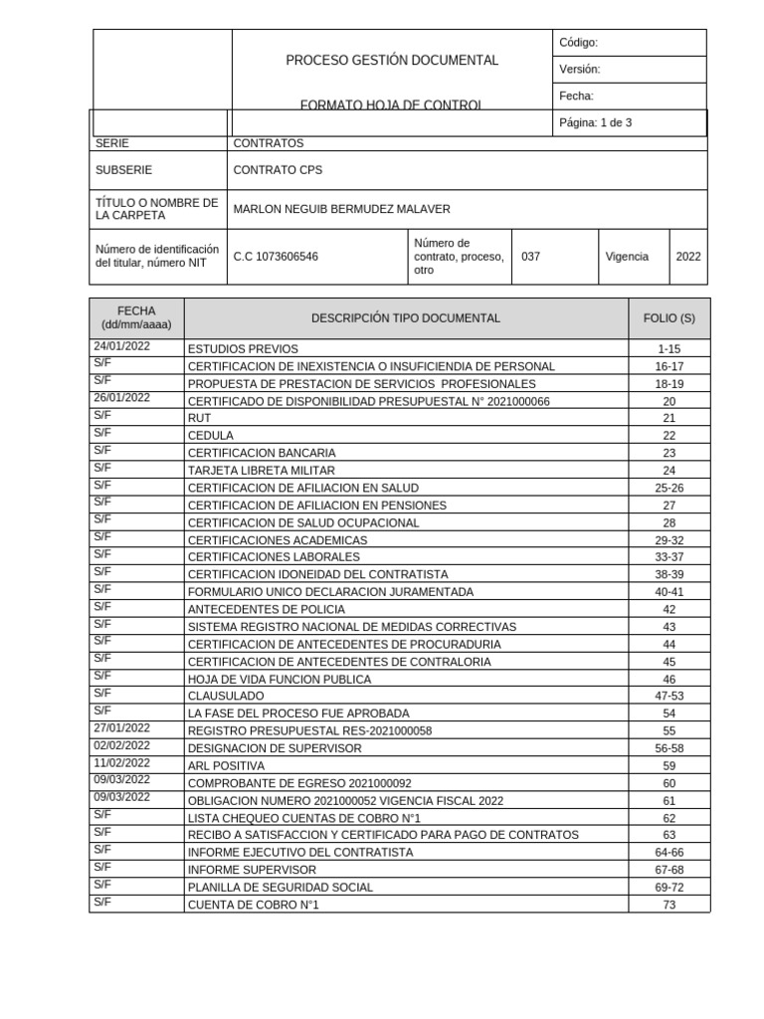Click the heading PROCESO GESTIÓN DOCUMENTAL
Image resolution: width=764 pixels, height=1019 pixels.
pyautogui.click(x=392, y=61)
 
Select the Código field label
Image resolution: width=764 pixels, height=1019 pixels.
pyautogui.click(x=578, y=43)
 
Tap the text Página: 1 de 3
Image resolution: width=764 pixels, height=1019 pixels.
pyautogui.click(x=596, y=123)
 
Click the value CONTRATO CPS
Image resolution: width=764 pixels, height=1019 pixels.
pyautogui.click(x=278, y=170)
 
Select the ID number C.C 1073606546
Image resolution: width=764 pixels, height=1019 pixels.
pyautogui.click(x=276, y=257)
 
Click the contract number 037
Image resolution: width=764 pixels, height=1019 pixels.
pyautogui.click(x=531, y=257)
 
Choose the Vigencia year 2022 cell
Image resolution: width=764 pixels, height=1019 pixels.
pyautogui.click(x=688, y=257)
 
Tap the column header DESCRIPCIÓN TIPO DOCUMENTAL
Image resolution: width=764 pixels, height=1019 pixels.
pyautogui.click(x=406, y=318)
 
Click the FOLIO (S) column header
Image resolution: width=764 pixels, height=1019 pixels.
pyautogui.click(x=668, y=318)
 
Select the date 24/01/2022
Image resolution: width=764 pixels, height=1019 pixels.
pyautogui.click(x=121, y=346)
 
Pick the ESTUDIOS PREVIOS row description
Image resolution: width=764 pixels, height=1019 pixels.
pyautogui.click(x=243, y=349)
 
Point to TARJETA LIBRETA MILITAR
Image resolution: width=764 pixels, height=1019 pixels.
pyautogui.click(x=262, y=471)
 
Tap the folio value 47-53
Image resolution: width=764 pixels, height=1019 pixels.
pyautogui.click(x=668, y=697)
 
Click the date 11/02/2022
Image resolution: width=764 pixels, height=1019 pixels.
pyautogui.click(x=121, y=763)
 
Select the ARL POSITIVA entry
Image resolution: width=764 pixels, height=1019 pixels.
pyautogui.click(x=226, y=766)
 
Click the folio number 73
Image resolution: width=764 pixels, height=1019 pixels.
pyautogui.click(x=668, y=906)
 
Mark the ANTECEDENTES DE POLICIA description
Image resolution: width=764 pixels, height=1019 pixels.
pyautogui.click(x=267, y=610)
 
